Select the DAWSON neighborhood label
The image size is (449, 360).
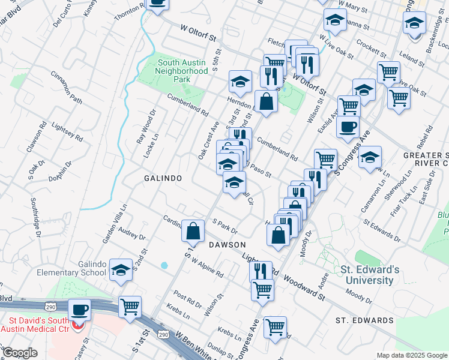[x=228, y=245]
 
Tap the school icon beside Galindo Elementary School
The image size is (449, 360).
[x=121, y=271]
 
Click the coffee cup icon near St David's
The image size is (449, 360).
[x=80, y=310]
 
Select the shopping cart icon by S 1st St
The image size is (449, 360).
[x=130, y=307]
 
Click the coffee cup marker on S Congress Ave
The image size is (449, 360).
[x=349, y=127]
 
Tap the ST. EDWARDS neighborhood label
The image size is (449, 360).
[x=364, y=320]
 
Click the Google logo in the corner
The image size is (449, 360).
[x=20, y=353]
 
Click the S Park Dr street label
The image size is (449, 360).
[x=225, y=226]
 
